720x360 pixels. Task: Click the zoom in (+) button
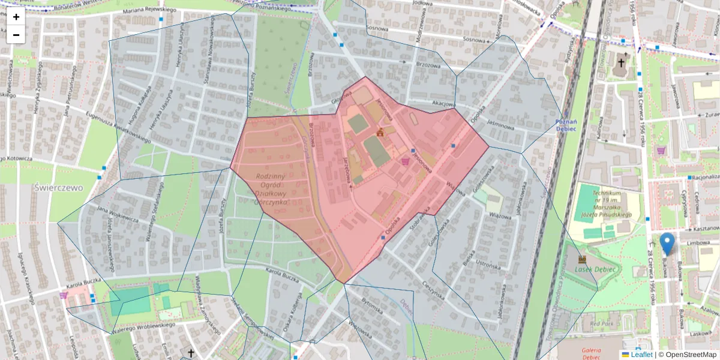pyautogui.click(x=16, y=17)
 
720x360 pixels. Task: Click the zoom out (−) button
pyautogui.click(x=16, y=35)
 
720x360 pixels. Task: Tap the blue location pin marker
pyautogui.click(x=667, y=244)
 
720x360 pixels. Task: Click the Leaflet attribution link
pyautogui.click(x=641, y=355)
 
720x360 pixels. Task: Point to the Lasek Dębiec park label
pyautogui.click(x=595, y=269)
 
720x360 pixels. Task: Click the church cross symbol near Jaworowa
pyautogui.click(x=622, y=62)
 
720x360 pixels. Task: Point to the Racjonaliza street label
pyautogui.click(x=705, y=178)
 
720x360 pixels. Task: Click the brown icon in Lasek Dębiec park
pyautogui.click(x=581, y=259)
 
